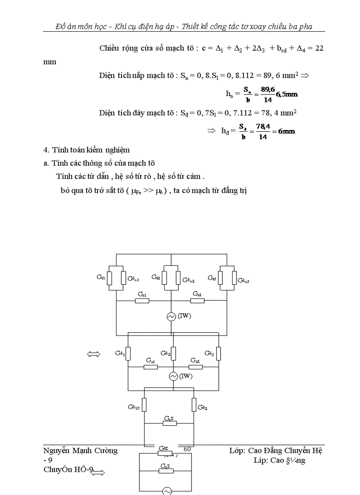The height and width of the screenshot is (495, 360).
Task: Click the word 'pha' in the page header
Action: point(304,26)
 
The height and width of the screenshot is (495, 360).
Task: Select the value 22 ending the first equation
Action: point(319,48)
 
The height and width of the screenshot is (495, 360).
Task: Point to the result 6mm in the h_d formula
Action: point(284,131)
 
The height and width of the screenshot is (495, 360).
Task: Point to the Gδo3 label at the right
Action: point(244,280)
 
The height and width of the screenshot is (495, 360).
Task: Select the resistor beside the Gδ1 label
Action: point(127,354)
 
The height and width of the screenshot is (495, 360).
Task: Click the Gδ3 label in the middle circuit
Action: point(209,353)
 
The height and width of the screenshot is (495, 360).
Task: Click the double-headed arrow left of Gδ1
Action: point(94,354)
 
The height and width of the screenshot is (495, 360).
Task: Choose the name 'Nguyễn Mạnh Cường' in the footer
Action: point(81,450)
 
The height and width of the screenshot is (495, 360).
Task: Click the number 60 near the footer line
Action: point(187,449)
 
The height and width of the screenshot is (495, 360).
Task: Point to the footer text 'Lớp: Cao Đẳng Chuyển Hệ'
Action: point(276,450)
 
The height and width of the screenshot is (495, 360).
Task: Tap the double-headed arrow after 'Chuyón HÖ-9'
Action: point(98,473)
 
